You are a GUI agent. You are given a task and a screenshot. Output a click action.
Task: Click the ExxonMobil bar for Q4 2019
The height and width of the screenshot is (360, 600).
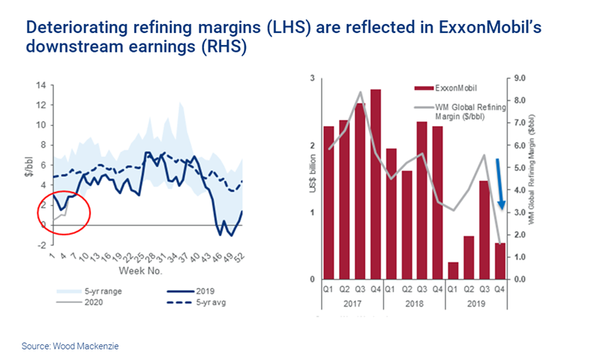(500, 261)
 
